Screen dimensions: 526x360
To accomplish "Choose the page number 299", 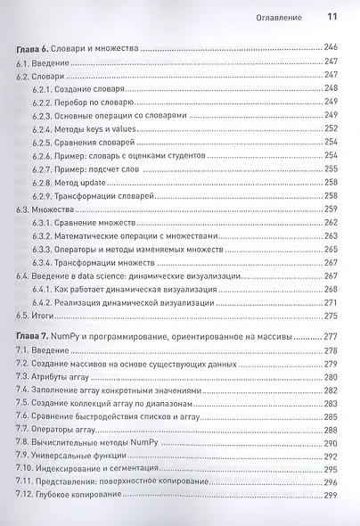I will click(331, 495).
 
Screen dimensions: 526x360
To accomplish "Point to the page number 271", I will click(331, 302).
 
